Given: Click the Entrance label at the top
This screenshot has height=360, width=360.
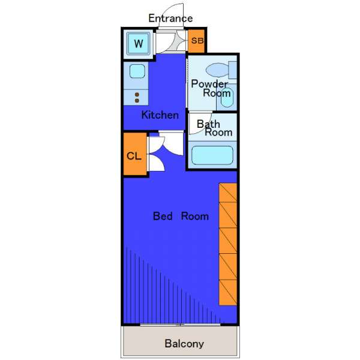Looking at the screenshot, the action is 170,19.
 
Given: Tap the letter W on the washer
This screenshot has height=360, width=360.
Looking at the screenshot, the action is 139,43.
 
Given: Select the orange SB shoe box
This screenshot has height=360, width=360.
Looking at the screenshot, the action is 196,41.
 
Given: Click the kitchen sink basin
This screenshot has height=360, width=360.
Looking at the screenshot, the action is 137,71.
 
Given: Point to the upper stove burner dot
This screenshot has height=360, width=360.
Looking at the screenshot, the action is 137,95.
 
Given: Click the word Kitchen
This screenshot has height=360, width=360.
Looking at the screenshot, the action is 160,115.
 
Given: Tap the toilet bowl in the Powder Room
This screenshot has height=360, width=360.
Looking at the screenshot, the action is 217,70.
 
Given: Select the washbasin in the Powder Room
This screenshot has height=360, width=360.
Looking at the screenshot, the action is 227,98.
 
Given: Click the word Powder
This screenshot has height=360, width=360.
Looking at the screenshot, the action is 209,84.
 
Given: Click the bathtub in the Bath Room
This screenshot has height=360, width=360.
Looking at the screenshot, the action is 212,155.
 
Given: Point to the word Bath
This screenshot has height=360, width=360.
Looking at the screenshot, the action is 208,124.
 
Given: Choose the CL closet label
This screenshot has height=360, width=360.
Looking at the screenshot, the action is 134,156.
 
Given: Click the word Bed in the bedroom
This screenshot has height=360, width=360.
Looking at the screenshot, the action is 163,216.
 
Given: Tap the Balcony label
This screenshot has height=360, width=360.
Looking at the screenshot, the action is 184,344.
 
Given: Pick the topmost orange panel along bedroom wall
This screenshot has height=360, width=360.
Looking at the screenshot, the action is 228,193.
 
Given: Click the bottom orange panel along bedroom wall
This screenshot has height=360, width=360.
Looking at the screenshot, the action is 228,293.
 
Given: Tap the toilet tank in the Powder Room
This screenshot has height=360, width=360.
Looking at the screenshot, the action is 233,70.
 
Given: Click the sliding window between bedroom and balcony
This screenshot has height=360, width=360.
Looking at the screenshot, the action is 180,325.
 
